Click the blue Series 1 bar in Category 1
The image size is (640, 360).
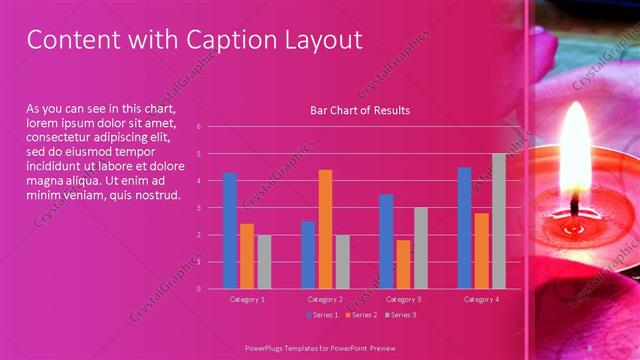tap(230, 231)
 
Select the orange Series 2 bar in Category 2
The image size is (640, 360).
tap(325, 229)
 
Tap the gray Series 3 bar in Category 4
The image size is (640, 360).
tap(498, 221)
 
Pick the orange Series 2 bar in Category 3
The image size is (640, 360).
tap(404, 264)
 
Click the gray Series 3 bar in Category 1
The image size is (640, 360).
tap(264, 262)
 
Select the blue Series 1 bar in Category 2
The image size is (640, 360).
tap(308, 255)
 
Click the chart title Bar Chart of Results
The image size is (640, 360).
tap(360, 110)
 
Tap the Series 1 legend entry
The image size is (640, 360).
tap(323, 315)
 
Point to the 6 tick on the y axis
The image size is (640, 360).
tap(199, 127)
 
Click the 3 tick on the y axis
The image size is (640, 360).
tap(199, 208)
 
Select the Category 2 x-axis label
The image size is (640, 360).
tap(325, 299)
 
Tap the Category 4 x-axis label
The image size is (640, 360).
tap(481, 299)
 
